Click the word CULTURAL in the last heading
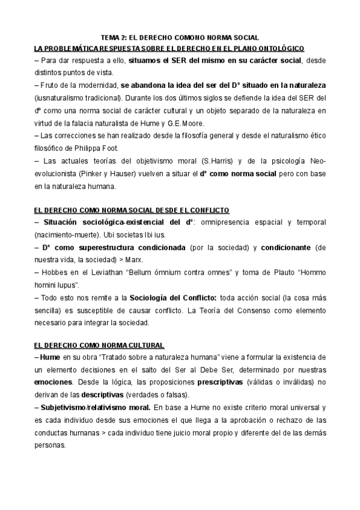pos(142,345)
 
